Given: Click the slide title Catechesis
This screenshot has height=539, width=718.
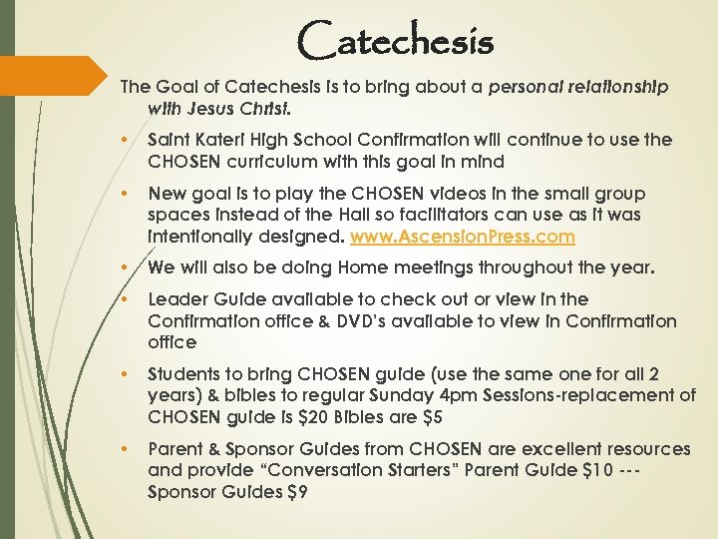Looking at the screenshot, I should point(395,41).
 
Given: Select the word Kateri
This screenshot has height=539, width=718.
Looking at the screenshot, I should point(216,140).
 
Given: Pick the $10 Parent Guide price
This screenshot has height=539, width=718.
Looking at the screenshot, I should point(596,471).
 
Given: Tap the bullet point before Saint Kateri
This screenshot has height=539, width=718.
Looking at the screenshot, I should point(122,141).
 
